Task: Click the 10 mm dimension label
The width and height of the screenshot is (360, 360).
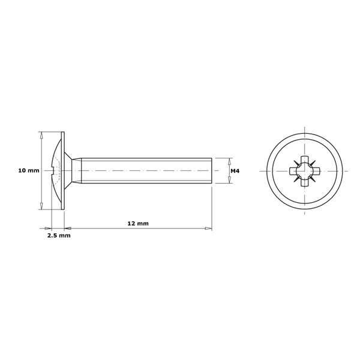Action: (28, 171)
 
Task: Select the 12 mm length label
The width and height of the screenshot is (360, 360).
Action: (138, 223)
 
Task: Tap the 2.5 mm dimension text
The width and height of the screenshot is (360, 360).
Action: (59, 236)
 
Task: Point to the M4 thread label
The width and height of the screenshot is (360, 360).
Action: (235, 171)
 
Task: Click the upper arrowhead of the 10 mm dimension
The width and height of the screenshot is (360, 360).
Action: (41, 136)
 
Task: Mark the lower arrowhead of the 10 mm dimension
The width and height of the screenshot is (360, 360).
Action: (41, 206)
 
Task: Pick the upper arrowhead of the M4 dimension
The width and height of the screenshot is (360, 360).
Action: (230, 161)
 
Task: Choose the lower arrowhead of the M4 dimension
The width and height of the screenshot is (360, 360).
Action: (230, 180)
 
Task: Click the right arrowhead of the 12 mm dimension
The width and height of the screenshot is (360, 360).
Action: (208, 229)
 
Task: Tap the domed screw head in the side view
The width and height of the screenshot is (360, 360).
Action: (56, 171)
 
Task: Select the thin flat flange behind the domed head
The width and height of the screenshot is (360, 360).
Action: (62, 171)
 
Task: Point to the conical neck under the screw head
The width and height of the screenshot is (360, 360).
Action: (74, 171)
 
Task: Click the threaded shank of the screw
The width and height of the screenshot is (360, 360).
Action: (144, 171)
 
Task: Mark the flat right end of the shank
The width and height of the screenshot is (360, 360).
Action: (211, 171)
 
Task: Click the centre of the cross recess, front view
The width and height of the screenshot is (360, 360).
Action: (304, 172)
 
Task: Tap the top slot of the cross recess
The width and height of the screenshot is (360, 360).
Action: (304, 160)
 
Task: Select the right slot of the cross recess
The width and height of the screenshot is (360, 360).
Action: (316, 172)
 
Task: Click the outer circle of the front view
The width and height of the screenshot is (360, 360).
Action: (304, 134)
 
